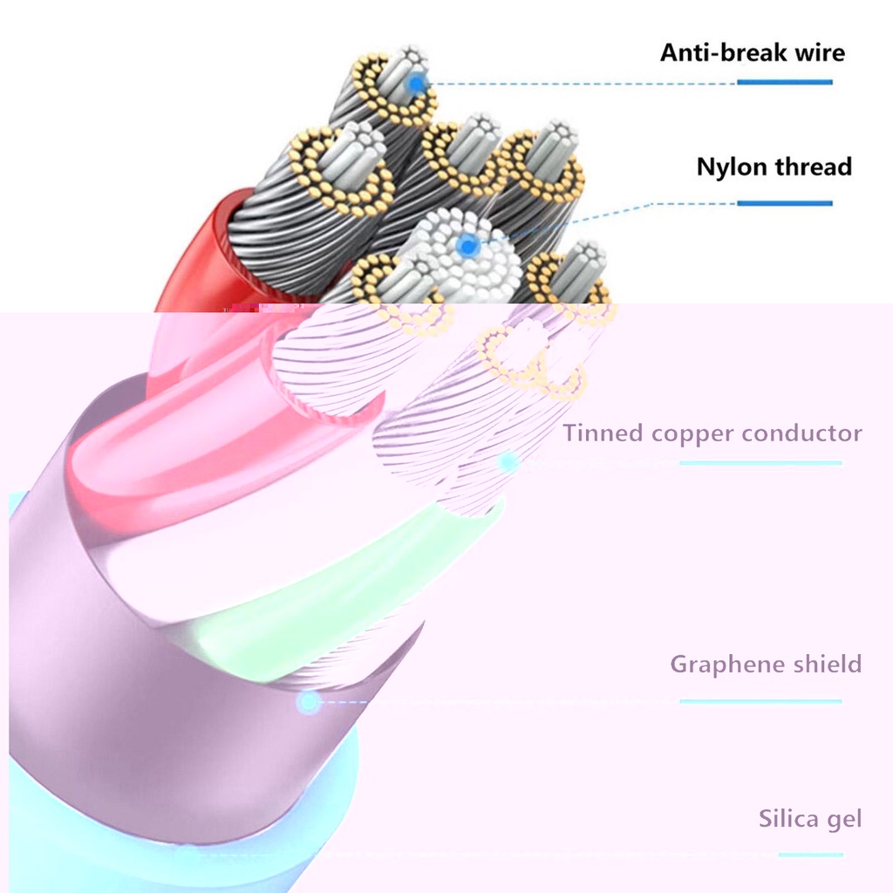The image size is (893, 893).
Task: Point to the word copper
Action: pyautogui.click(x=688, y=434)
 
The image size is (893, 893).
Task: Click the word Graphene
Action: pyautogui.click(x=717, y=665)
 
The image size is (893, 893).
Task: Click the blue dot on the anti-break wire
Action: pyautogui.click(x=417, y=85)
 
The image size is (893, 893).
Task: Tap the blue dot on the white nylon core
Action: pyautogui.click(x=468, y=247)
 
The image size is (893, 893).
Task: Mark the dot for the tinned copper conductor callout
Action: pyautogui.click(x=508, y=461)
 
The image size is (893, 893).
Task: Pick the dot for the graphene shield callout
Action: pyautogui.click(x=308, y=701)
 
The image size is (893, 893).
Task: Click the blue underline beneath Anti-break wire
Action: pyautogui.click(x=784, y=82)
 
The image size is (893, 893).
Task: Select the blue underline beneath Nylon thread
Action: pyautogui.click(x=784, y=203)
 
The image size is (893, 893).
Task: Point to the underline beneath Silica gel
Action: pyautogui.click(x=810, y=855)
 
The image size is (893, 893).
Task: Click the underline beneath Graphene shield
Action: pyautogui.click(x=760, y=700)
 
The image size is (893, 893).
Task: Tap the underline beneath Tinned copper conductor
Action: pyautogui.click(x=760, y=462)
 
